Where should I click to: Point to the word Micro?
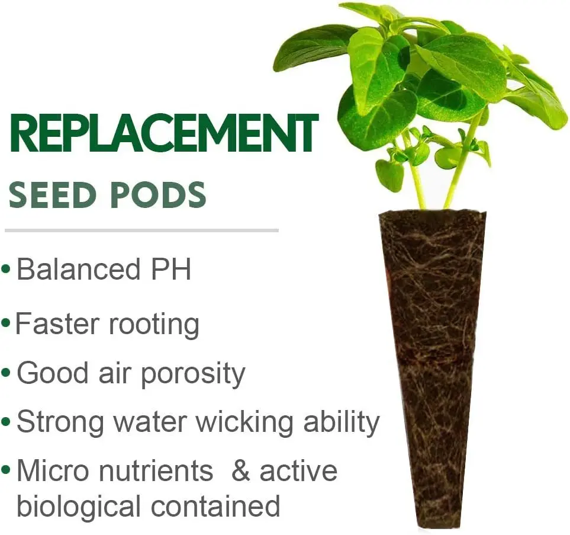tap(52, 471)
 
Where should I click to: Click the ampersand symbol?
tap(240, 471)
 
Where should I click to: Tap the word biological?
tap(79, 507)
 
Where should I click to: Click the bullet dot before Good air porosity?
tap(6, 374)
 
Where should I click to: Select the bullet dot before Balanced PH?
tap(6, 270)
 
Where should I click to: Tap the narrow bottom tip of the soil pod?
tap(434, 521)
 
